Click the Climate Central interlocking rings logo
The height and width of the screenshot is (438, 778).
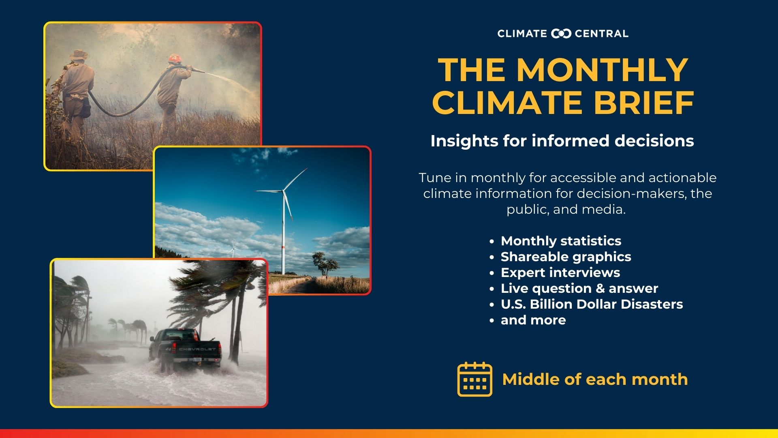pos(561,34)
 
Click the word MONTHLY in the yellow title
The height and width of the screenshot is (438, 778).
pos(603,70)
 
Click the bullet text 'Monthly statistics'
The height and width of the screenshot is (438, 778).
pos(561,241)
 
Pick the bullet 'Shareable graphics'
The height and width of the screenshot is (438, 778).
pos(566,257)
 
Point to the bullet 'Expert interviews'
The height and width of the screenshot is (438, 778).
pos(560,273)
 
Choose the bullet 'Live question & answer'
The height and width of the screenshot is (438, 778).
pos(579,288)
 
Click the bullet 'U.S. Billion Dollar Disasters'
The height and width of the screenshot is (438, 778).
pos(592,304)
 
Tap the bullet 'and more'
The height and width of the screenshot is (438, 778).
pos(533,320)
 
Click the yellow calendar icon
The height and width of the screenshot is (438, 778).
pos(475,379)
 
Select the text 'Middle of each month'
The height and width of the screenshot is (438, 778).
pos(595,380)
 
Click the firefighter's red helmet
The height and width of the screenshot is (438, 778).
pos(175,59)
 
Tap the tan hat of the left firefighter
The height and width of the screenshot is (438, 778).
pos(79,55)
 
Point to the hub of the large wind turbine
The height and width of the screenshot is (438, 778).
pos(282,190)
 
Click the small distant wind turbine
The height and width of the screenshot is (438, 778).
pos(233,248)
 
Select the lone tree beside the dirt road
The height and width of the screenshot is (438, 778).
pos(325,264)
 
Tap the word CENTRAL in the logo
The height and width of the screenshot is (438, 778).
pos(602,34)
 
